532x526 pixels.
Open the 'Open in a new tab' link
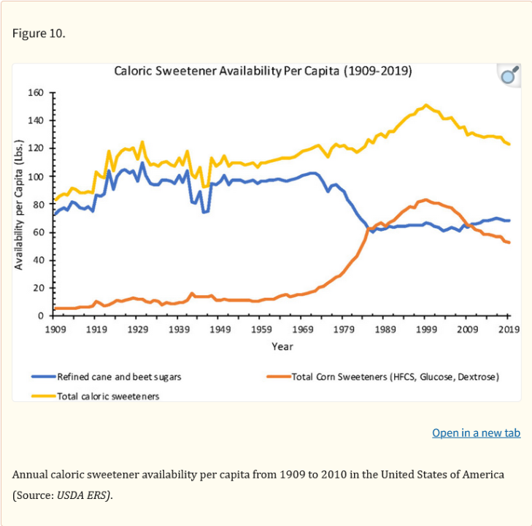[476, 432]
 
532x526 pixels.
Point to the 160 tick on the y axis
[36, 93]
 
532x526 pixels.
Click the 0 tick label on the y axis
[42, 316]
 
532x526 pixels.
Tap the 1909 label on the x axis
[55, 329]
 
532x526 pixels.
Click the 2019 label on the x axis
[509, 329]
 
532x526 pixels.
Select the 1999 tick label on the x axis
[426, 329]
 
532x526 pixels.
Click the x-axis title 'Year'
[282, 346]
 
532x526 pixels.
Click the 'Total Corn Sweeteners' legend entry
[395, 377]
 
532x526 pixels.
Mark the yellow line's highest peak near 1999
[426, 104]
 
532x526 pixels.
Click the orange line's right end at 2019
[509, 243]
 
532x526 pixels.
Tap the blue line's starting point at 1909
[55, 214]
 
